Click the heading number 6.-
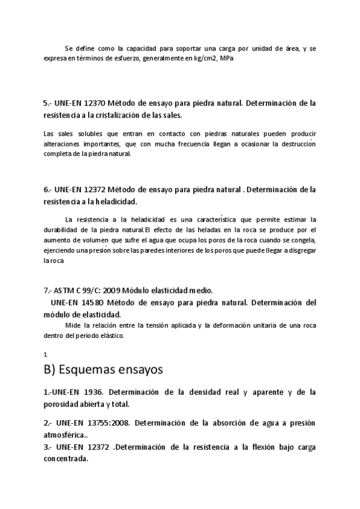point(49,190)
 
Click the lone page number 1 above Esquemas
point(46,354)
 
